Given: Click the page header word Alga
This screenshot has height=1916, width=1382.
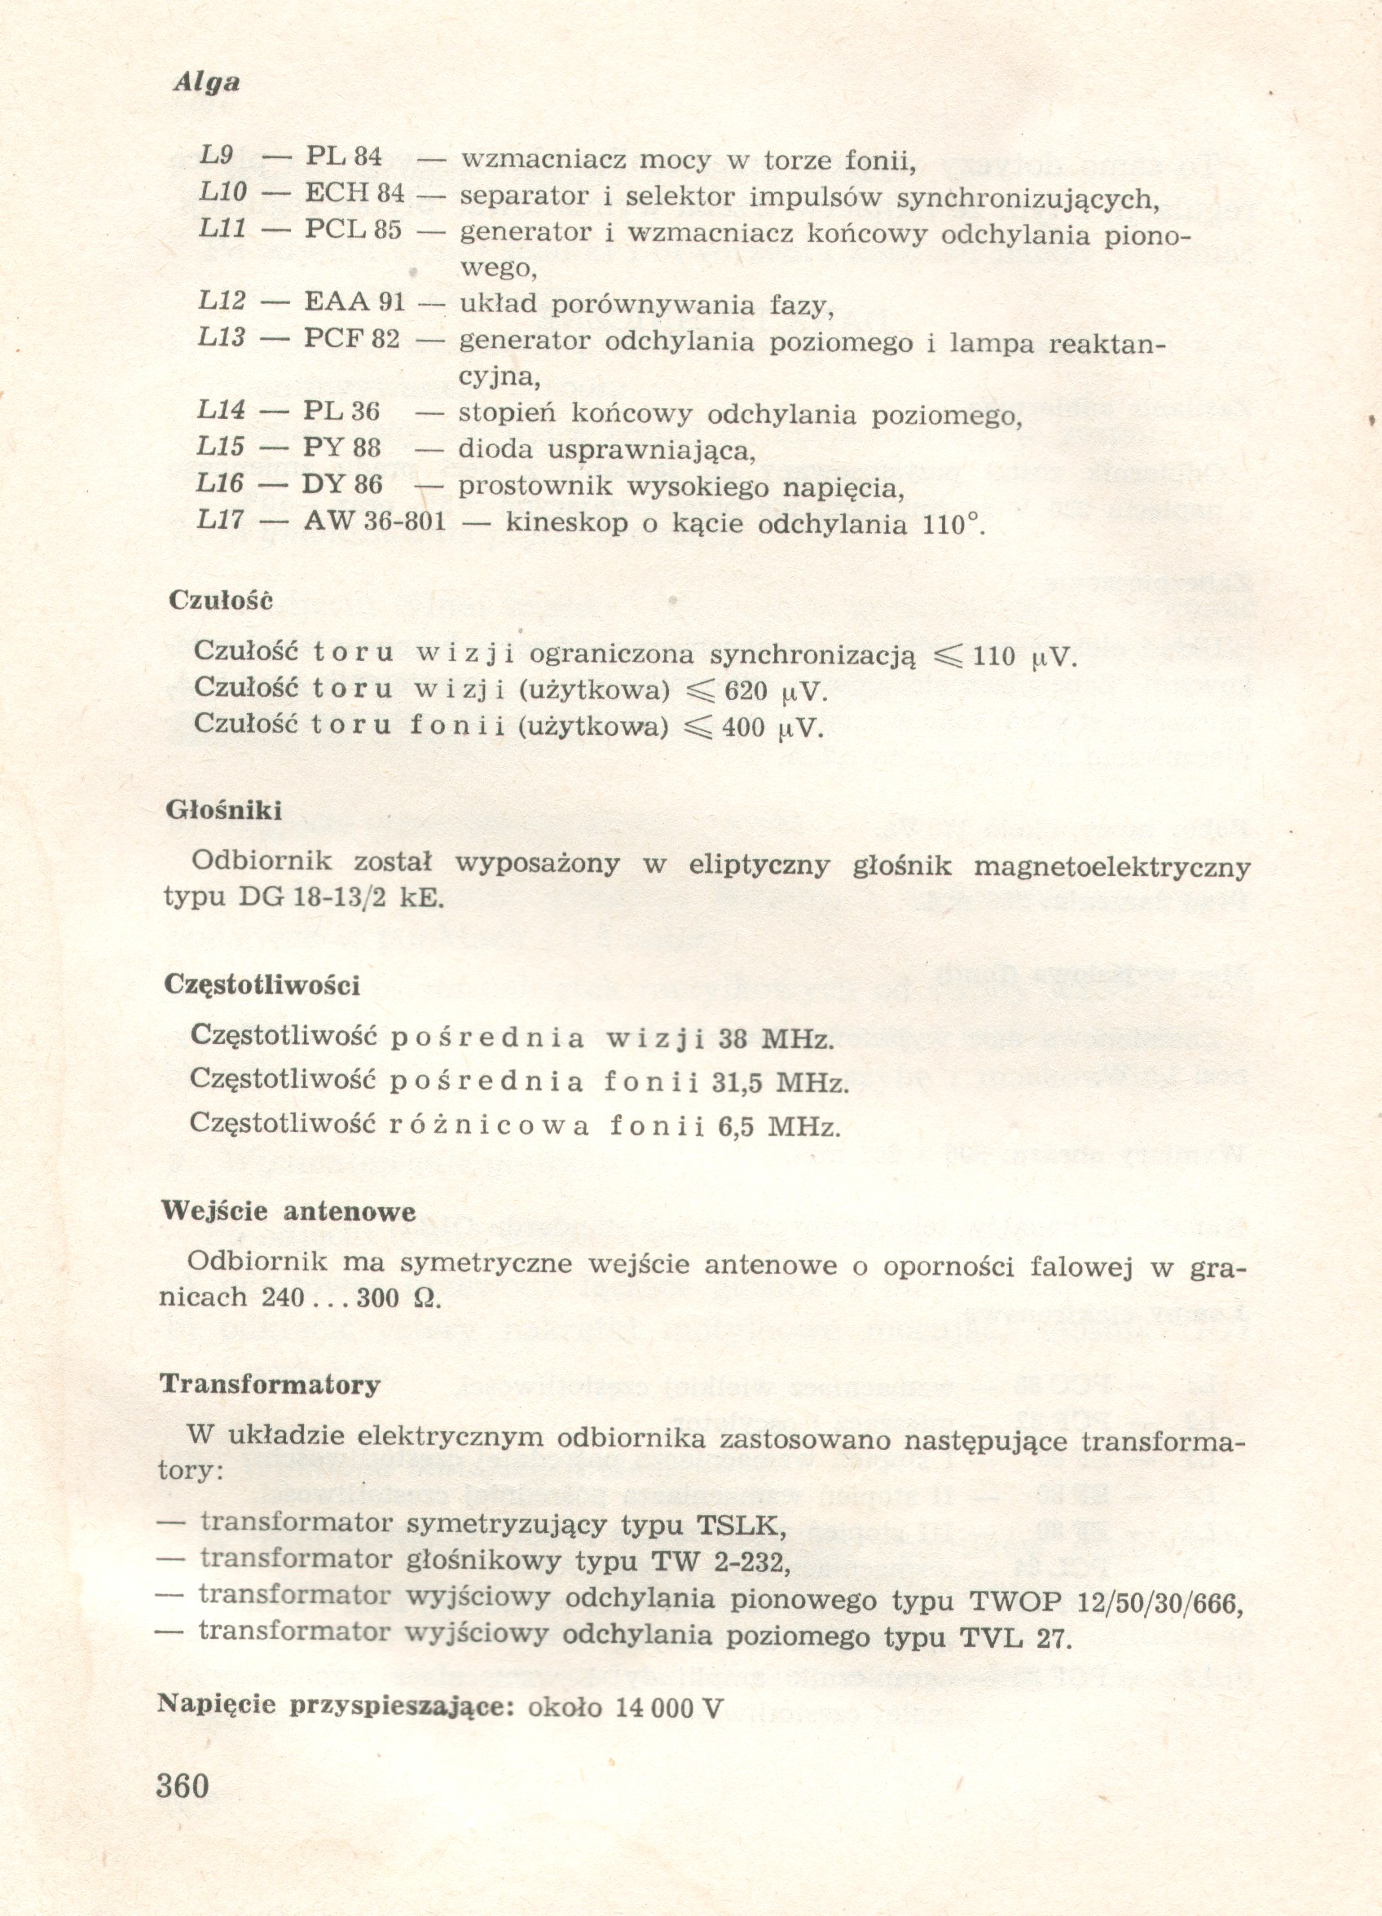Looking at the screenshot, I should [x=207, y=83].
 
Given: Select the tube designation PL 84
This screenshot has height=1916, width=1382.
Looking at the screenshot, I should [x=344, y=156].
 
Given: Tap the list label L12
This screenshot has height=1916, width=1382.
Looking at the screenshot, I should [x=222, y=302].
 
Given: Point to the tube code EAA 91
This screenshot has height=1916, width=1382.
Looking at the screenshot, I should [x=354, y=302].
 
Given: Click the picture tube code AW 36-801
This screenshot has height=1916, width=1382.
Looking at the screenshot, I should [x=374, y=522].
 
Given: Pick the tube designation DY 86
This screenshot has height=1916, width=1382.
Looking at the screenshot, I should [x=342, y=484].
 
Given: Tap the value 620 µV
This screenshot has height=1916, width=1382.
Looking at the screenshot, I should [x=773, y=693].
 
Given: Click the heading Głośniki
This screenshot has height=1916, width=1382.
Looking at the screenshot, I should [x=223, y=810].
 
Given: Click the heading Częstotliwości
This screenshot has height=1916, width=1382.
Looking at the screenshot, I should [x=262, y=985].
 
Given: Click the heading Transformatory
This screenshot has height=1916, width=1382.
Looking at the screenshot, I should [x=270, y=1385].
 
